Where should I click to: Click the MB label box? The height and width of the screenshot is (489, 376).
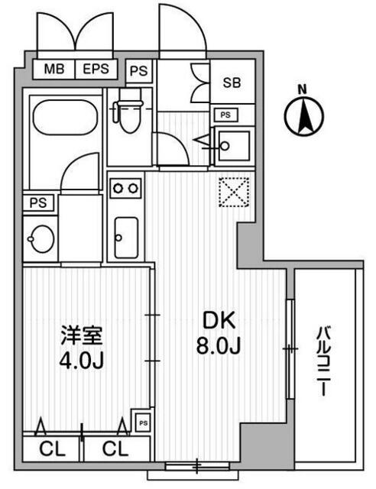pos(54,69)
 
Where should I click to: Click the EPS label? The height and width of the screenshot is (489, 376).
pos(96,69)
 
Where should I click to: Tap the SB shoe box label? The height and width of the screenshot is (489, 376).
pos(232,83)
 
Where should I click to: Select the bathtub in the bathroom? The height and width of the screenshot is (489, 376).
pos(65,117)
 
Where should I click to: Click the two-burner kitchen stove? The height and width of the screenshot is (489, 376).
pos(125,188)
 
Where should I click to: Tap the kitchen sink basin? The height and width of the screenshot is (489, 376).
pos(126,238)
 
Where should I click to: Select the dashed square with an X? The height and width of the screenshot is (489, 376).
pos(234,192)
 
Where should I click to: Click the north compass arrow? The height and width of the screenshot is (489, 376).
pos(304,117)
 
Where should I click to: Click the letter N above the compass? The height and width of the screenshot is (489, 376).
pos(302,90)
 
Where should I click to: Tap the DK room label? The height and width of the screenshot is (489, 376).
pos(219,320)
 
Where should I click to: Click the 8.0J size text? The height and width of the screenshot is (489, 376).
pos(219,345)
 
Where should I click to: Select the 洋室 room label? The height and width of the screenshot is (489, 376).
pos(82,335)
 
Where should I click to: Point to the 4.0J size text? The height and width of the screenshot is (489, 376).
pos(82,361)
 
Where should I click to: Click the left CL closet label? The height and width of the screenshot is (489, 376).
pos(53,449)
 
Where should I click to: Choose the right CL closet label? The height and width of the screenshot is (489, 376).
pos(115,449)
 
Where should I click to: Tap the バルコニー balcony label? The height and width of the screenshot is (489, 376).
pos(324,361)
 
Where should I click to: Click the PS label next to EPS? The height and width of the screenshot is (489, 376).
pos(138,71)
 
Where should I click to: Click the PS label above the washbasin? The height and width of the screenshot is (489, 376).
pos(38,203)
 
